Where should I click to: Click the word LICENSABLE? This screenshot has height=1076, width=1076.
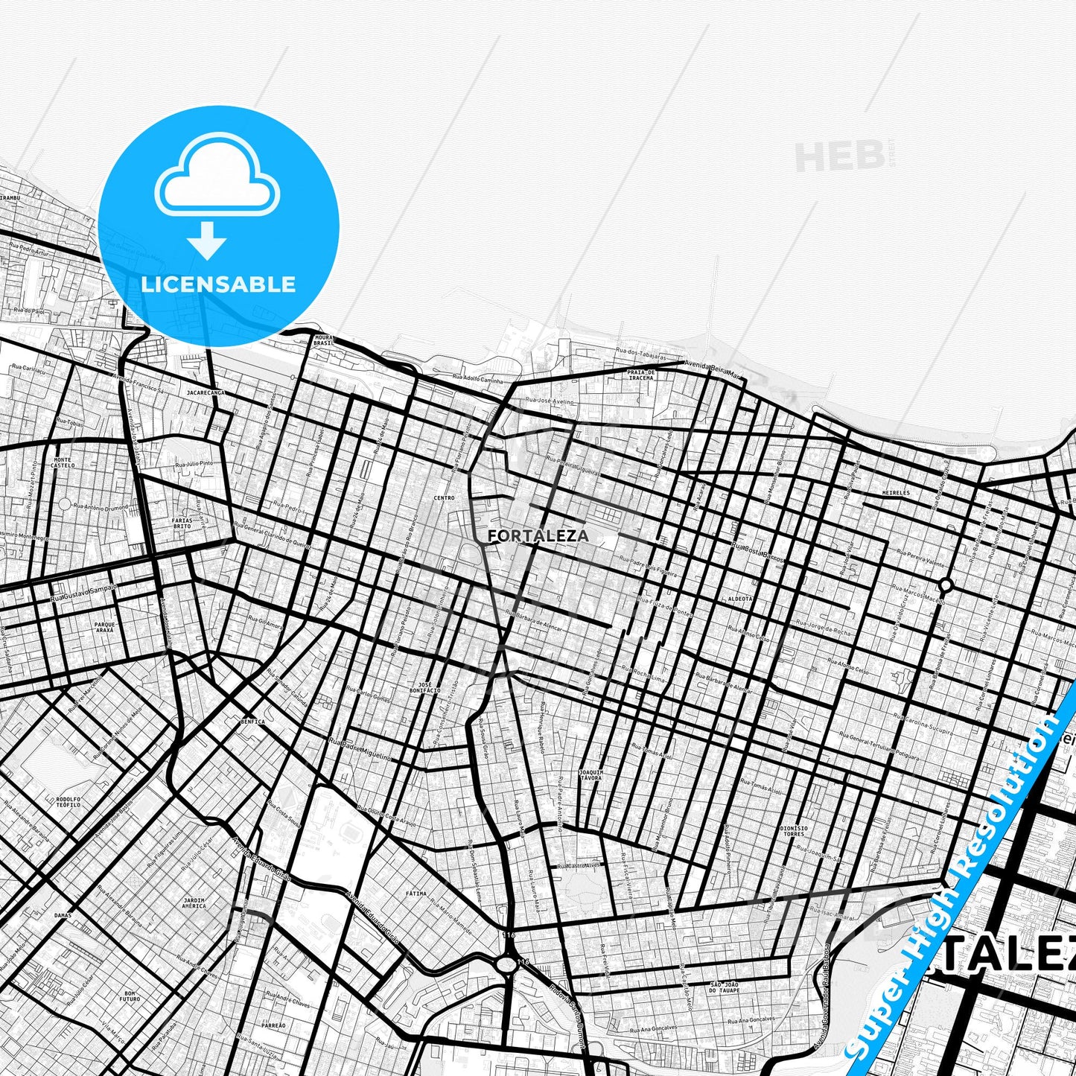[218, 284]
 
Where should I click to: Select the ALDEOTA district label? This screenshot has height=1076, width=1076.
[739, 598]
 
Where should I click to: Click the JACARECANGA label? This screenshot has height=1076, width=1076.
[206, 392]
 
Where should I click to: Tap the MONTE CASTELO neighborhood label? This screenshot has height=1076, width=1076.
[63, 462]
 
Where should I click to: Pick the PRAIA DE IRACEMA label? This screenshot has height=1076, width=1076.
[640, 375]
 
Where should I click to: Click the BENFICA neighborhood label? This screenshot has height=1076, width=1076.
[252, 722]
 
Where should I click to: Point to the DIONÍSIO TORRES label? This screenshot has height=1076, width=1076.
[794, 831]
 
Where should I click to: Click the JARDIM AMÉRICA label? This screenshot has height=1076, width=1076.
[194, 902]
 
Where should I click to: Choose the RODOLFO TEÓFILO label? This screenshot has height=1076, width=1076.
[68, 802]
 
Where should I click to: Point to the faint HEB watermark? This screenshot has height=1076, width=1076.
[839, 156]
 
